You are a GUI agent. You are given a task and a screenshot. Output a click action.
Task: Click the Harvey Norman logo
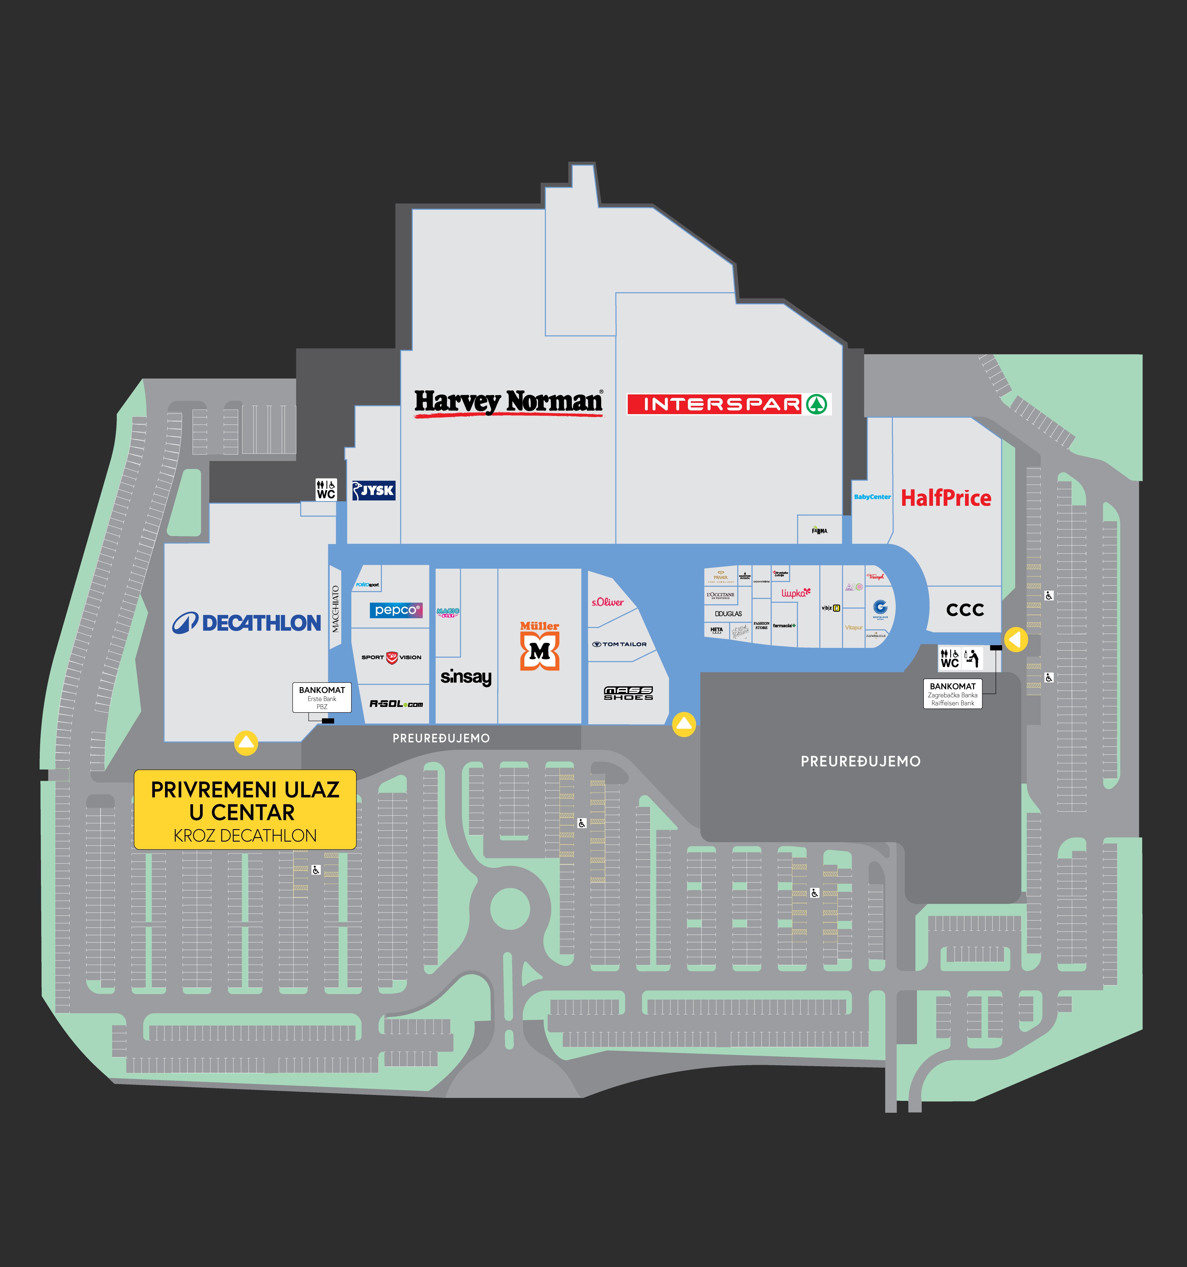(x=508, y=403)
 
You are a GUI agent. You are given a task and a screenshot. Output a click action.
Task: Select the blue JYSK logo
(x=374, y=491)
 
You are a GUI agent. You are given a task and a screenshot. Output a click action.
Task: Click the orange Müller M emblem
(x=540, y=651)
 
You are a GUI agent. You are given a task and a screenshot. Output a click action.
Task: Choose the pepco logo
(x=396, y=611)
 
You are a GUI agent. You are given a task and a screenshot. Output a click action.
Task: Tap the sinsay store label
(x=466, y=677)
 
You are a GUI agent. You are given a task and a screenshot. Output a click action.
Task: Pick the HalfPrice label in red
(x=946, y=498)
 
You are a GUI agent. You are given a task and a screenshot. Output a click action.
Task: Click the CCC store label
(x=965, y=610)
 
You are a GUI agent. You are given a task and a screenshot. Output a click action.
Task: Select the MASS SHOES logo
(x=629, y=693)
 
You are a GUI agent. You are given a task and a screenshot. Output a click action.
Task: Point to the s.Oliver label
(x=607, y=602)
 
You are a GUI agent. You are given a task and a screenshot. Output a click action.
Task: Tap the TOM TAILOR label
(x=620, y=644)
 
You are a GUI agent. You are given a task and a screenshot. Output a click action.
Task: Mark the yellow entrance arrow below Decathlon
(x=246, y=743)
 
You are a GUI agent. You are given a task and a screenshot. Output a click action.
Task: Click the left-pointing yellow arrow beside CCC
(x=1015, y=639)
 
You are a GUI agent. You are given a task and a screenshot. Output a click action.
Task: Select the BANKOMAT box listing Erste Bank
(x=322, y=698)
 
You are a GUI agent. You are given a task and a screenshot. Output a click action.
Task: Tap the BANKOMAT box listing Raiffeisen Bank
(x=952, y=694)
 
